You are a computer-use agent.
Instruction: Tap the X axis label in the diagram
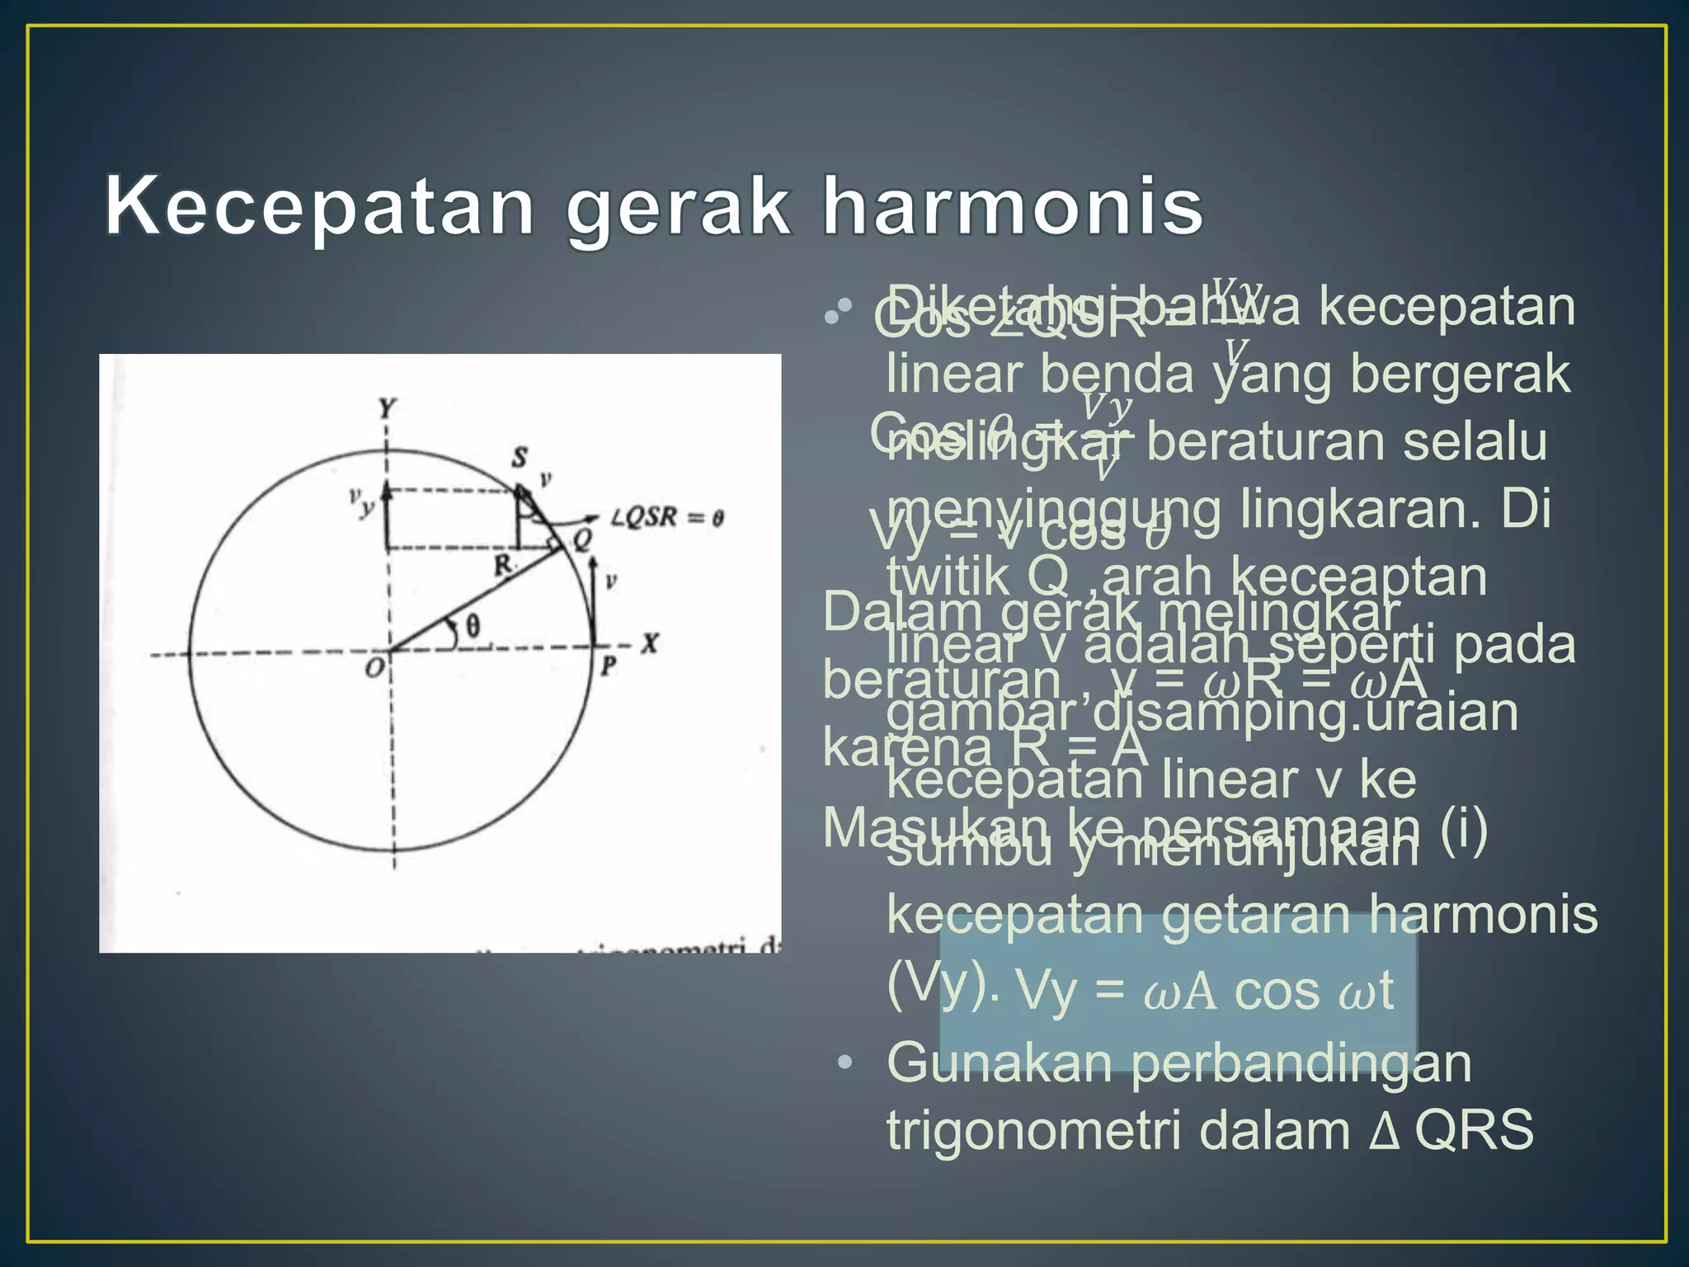651,643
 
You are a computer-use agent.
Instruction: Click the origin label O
374,668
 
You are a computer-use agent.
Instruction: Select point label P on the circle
609,665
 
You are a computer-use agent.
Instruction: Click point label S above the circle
520,457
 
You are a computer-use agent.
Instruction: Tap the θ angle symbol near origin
473,627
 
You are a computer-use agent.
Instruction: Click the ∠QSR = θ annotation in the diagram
666,518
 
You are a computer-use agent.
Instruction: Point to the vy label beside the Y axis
361,502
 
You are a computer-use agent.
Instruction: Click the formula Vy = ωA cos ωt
1205,990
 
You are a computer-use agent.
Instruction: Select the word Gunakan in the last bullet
999,1062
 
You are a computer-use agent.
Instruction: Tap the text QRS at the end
1474,1130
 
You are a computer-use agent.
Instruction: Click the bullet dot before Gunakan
844,1062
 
